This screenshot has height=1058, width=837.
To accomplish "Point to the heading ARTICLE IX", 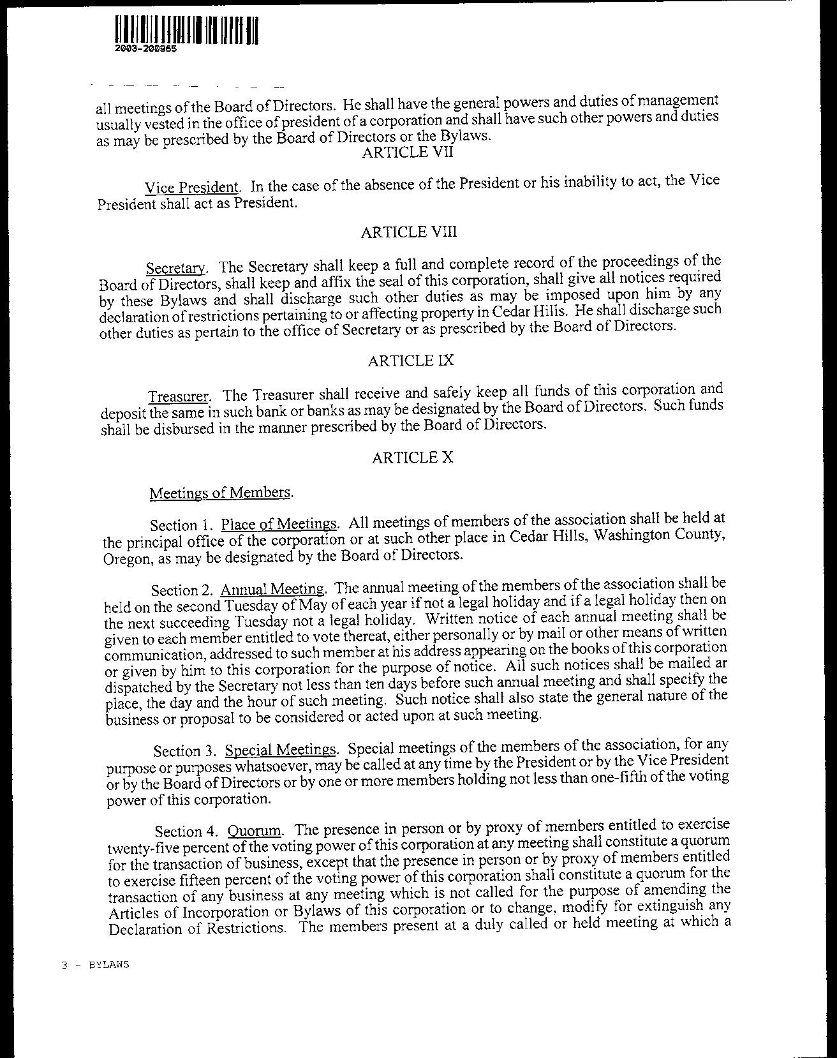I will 411,361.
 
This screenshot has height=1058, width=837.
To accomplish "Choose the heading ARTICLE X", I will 412,458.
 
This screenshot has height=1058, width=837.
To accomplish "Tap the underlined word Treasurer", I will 179,396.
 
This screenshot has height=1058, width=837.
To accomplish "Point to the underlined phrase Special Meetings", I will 281,749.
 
